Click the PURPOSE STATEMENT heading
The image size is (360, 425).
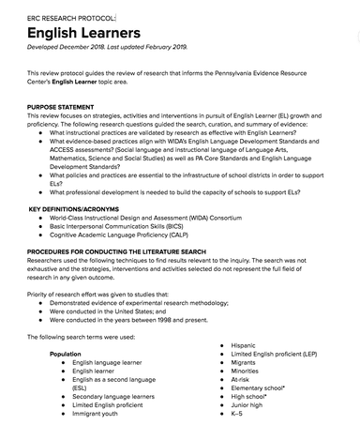(x=67, y=107)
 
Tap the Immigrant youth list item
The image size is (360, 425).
(x=100, y=413)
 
